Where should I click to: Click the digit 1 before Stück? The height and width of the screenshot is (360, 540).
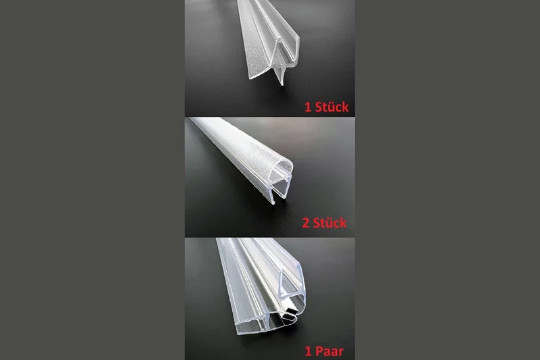click(x=308, y=107)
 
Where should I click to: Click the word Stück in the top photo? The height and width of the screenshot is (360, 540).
click(x=332, y=107)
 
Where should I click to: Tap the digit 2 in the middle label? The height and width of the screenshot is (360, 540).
click(x=306, y=223)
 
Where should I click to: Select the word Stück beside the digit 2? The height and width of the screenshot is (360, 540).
click(x=330, y=222)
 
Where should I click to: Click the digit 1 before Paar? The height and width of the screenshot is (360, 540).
click(x=308, y=351)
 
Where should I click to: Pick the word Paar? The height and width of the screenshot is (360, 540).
click(x=329, y=351)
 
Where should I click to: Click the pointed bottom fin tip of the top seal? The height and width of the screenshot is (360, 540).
click(x=281, y=84)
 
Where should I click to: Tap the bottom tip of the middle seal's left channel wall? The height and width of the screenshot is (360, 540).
click(x=273, y=203)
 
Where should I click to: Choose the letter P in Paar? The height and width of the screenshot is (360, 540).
click(x=319, y=351)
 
